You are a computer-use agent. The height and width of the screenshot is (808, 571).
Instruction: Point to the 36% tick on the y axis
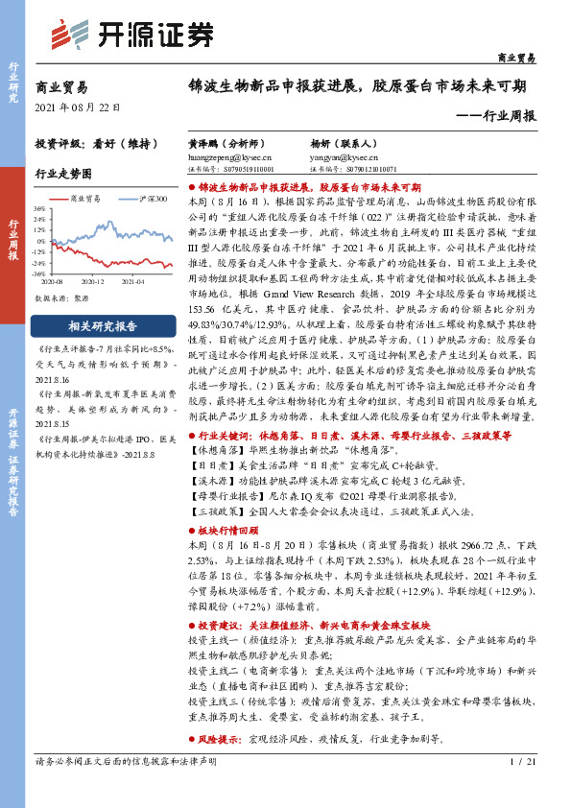coord(39,207)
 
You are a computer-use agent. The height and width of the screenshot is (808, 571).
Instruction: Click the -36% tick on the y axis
coord(38,274)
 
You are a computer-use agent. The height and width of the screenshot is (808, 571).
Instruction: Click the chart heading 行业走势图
coord(63,175)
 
